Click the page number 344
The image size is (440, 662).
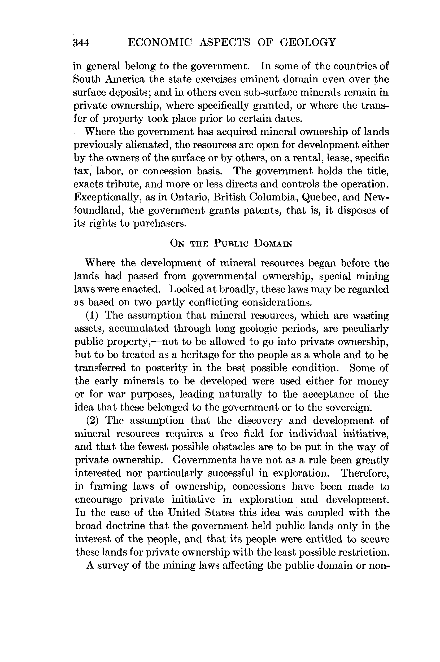[81, 43]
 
